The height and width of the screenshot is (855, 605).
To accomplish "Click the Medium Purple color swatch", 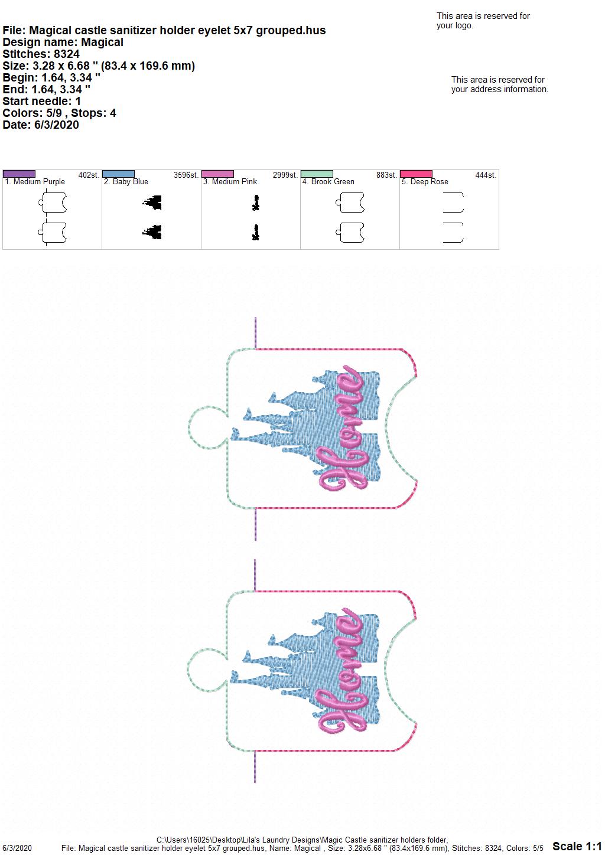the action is click(x=19, y=174).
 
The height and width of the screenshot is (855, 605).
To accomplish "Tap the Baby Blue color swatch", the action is click(x=118, y=174).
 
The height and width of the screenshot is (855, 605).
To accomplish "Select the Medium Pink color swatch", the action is click(x=217, y=174).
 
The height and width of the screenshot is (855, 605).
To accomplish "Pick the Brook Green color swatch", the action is click(x=317, y=174).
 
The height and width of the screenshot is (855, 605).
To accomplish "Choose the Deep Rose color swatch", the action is click(x=417, y=174).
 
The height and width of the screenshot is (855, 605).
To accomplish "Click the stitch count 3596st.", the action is click(x=186, y=175).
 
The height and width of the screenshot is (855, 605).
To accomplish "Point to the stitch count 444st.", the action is click(x=486, y=175).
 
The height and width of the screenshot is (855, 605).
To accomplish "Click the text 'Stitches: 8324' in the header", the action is click(x=41, y=54).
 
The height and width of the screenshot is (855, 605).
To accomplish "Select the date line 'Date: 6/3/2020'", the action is click(x=41, y=125).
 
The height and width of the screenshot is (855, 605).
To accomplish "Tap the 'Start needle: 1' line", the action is click(x=41, y=101).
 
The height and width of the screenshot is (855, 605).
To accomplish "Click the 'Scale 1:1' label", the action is click(x=577, y=846).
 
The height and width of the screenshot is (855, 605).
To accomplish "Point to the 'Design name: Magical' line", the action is click(x=63, y=42).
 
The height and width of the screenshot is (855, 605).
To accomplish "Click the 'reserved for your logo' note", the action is click(x=483, y=21).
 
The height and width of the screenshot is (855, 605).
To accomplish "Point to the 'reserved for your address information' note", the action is click(x=500, y=84).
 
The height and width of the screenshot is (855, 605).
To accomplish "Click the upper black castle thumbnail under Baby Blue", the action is click(x=152, y=203).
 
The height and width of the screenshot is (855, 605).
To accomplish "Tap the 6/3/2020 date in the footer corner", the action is click(x=17, y=848).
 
